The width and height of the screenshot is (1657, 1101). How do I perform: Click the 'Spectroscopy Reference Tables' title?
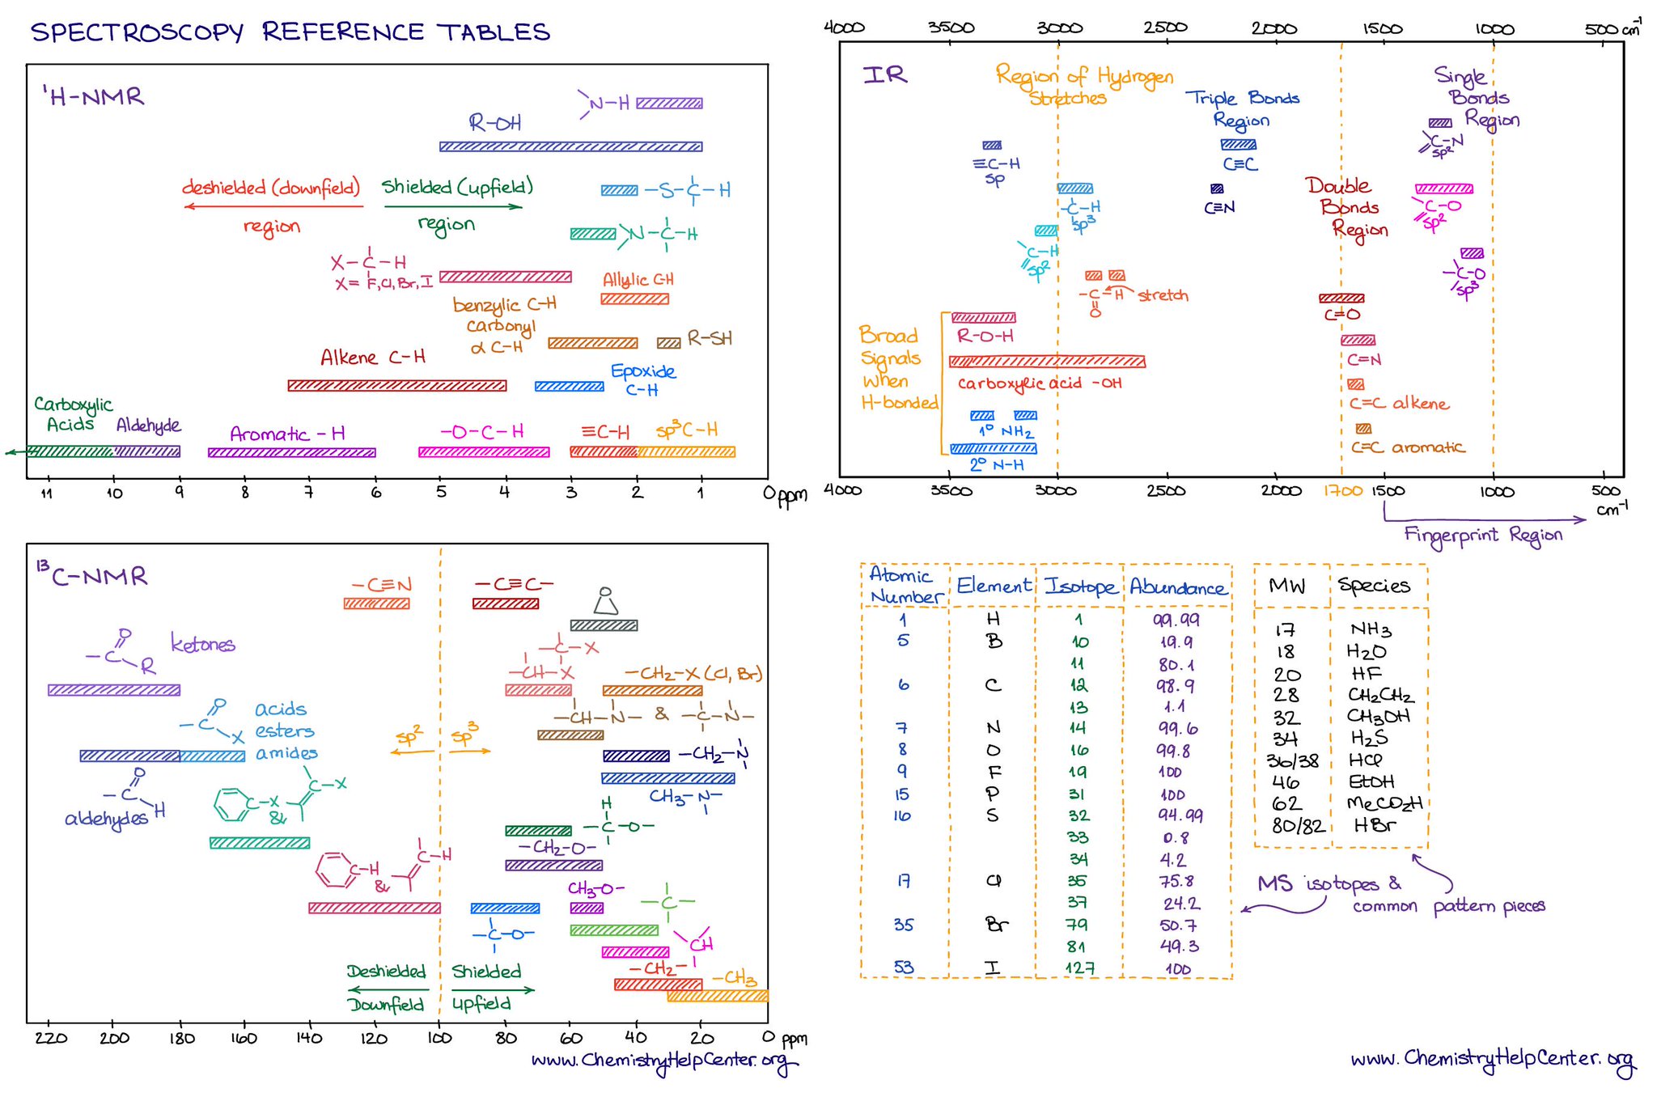290,32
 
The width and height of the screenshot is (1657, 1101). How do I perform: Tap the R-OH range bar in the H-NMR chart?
570,146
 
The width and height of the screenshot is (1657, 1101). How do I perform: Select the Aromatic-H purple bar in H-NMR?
291,452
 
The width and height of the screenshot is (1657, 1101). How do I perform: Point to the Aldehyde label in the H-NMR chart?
148,426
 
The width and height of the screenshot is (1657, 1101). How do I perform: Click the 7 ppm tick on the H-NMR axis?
308,492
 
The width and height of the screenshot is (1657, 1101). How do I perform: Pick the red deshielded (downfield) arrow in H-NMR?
273,206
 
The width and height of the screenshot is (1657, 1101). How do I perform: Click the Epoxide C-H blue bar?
569,387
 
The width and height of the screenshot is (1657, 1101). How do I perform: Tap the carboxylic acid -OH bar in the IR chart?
1047,362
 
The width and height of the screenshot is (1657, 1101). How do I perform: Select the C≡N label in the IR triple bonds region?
1219,208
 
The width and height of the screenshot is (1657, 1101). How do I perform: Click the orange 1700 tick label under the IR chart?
1343,491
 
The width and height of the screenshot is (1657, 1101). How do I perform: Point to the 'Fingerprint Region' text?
1483,536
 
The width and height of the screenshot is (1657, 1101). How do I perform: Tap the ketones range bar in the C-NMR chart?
114,690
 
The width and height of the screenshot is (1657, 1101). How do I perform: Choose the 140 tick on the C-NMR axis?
309,1038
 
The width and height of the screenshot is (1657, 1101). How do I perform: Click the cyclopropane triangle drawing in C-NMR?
605,602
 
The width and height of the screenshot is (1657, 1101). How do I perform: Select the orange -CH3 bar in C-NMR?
717,996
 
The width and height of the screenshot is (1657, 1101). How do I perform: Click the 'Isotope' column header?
1079,586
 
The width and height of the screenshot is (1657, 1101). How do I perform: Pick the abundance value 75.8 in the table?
1176,881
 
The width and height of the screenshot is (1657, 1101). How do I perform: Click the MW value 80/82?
1297,826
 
